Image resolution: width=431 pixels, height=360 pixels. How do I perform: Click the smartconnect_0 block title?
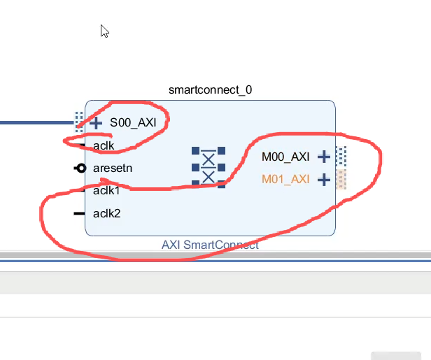pos(210,90)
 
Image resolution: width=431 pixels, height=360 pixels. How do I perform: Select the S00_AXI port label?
pos(132,123)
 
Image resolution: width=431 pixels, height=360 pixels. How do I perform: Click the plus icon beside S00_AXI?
pos(96,123)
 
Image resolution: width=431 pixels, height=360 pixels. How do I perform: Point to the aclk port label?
pos(104,145)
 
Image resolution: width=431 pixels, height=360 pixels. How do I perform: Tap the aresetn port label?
pos(113,168)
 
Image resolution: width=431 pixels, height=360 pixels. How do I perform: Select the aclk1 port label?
pos(106,190)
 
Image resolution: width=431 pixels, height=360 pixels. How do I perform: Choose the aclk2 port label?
pos(106,213)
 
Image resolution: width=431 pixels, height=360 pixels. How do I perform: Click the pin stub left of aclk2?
pos(79,213)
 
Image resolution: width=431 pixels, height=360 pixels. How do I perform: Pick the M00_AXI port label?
pos(285,157)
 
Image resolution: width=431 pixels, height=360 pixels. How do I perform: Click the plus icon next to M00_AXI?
pos(323,157)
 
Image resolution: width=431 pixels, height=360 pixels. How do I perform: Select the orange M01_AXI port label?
pos(285,179)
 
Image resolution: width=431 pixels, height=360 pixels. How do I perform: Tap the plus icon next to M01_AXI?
pos(323,180)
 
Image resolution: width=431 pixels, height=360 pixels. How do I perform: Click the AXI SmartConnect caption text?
pos(210,245)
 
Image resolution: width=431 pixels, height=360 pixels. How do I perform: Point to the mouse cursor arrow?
pos(104,31)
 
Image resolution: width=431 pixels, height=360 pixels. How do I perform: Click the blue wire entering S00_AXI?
pos(35,122)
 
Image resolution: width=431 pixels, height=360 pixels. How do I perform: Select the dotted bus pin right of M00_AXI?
pos(341,156)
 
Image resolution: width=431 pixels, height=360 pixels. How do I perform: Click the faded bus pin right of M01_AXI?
pos(341,179)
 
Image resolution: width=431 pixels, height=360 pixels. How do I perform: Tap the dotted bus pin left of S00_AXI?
pos(79,122)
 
